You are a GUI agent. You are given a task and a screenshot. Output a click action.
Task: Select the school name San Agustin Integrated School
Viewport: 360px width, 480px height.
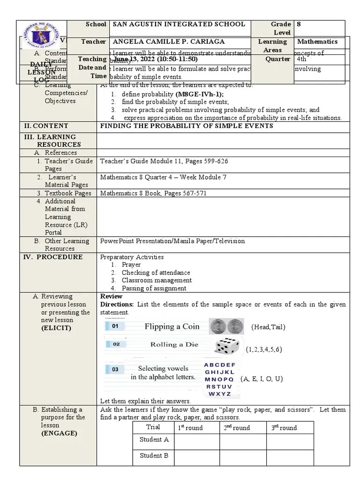click(180, 24)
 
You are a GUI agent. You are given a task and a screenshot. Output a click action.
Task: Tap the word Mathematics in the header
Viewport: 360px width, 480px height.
click(317, 42)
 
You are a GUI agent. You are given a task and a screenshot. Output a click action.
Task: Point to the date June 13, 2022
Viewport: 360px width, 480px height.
click(155, 60)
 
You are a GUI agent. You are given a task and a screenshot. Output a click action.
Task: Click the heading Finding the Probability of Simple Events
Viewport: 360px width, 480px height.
click(187, 126)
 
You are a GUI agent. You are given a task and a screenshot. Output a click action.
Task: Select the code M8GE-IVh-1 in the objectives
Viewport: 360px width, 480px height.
click(200, 94)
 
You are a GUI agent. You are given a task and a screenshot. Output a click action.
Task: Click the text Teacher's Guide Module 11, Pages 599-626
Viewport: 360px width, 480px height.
click(164, 161)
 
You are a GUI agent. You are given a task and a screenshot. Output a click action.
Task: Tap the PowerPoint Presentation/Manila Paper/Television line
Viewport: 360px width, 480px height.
click(172, 241)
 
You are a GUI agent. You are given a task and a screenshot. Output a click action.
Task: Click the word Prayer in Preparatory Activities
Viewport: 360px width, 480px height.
click(131, 265)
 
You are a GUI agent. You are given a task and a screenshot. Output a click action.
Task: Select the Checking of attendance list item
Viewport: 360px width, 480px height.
click(156, 273)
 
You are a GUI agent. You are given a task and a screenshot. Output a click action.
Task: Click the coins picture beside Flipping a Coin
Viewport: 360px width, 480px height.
click(224, 326)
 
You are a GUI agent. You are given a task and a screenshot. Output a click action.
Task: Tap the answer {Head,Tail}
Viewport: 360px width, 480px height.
click(268, 327)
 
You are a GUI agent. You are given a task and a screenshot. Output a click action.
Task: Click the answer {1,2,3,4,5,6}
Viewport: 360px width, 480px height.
click(263, 349)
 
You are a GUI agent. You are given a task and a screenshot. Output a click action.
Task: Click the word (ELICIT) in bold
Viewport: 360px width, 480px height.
click(56, 328)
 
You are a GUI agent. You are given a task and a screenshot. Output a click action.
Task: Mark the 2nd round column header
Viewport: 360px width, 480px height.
click(236, 427)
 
